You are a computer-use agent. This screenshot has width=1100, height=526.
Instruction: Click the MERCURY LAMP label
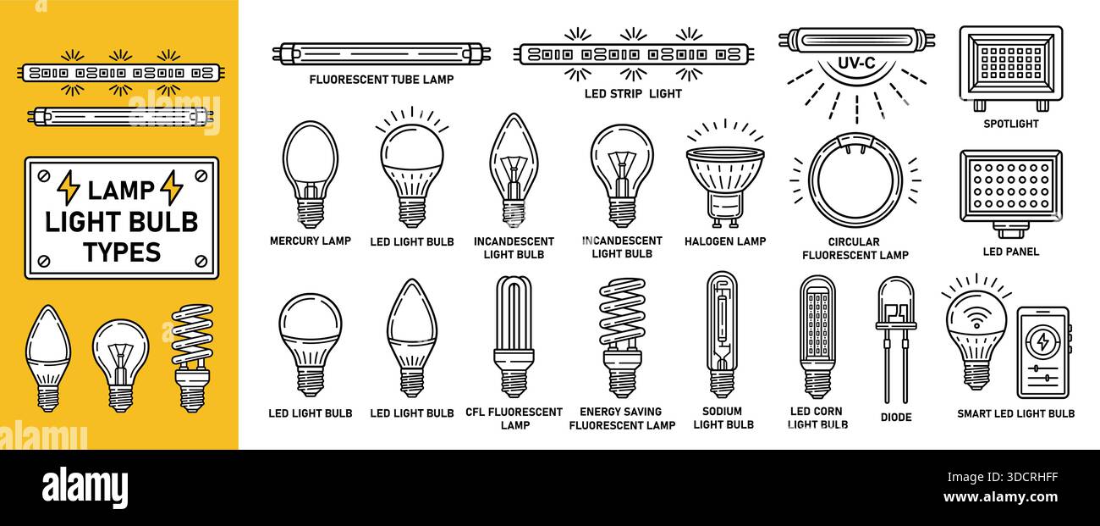tap(311, 241)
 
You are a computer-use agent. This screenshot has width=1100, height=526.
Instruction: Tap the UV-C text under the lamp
tap(856, 64)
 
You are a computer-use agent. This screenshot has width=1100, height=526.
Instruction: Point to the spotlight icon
tap(1011, 69)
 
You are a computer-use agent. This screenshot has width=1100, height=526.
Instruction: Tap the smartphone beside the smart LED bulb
tap(1043, 352)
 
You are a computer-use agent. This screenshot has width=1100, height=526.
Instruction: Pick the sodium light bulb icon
tap(722, 335)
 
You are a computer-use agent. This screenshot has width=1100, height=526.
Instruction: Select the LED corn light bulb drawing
tap(817, 337)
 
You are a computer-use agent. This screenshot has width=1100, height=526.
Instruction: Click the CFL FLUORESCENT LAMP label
tap(514, 418)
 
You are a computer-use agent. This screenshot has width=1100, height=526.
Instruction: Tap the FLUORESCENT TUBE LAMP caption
tap(382, 80)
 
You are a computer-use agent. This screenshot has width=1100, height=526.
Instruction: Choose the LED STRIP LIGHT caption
tap(633, 93)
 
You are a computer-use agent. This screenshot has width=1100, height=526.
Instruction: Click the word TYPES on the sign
tap(122, 252)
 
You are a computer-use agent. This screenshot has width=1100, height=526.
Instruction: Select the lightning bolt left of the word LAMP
tap(69, 188)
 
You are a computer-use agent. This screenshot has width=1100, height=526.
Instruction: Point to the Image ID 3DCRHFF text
tap(1003, 477)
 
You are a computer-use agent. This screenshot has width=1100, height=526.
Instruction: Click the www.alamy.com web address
tap(1000, 497)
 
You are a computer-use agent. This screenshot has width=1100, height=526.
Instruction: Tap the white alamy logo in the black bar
tap(85, 488)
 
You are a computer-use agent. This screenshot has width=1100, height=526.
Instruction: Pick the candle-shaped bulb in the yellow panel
tap(48, 358)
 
